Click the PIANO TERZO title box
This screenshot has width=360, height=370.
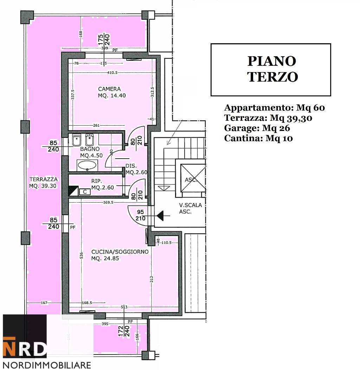[271, 70]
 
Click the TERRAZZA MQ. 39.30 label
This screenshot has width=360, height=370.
[43, 183]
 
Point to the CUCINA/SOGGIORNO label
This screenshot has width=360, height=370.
[120, 255]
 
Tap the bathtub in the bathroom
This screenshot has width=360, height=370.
[87, 165]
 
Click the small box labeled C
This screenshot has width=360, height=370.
[85, 192]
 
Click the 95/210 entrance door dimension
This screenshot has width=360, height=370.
[140, 215]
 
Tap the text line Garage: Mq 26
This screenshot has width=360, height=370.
[257, 128]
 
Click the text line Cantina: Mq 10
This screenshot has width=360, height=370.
[258, 138]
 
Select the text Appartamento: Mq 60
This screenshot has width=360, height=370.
[274, 108]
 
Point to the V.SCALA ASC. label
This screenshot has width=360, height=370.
[190, 208]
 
